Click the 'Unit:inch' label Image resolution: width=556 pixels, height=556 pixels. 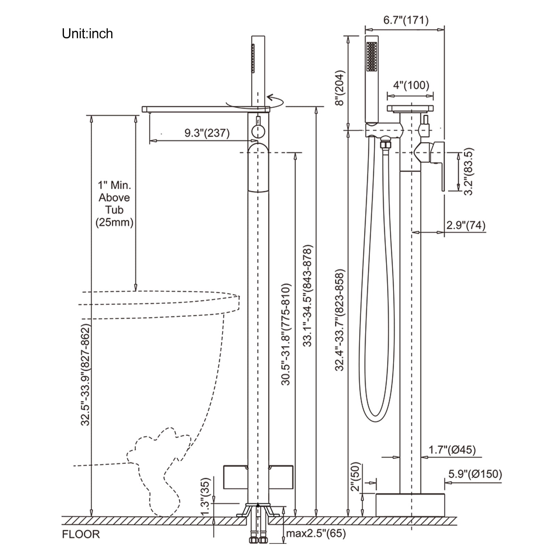tap(87, 34)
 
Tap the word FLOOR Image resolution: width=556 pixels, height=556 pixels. tap(81, 534)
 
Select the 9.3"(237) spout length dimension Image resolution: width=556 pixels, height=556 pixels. tap(207, 133)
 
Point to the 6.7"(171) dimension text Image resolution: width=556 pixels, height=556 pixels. tap(406, 20)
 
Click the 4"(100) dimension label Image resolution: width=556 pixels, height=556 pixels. tap(411, 85)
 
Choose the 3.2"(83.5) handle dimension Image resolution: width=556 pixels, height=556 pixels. tap(468, 172)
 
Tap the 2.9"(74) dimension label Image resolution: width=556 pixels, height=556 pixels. tap(466, 225)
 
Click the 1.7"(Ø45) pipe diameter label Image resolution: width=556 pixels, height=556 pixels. tap(452, 450)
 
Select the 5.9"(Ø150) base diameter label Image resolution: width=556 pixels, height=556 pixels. tap(475, 474)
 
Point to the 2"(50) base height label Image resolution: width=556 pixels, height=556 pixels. tap(356, 476)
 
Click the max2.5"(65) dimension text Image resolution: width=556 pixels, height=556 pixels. tap(316, 533)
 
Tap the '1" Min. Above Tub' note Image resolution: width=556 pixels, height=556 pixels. tap(114, 197)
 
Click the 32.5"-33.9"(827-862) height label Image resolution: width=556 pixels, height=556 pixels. tap(85, 375)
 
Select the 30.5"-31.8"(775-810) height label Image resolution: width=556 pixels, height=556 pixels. tap(286, 335)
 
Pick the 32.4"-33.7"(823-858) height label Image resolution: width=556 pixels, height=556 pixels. tap(340, 320)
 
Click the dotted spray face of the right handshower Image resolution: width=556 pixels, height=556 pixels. tap(372, 57)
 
